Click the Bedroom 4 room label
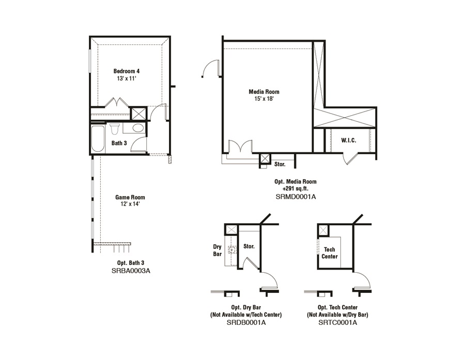click(127, 71)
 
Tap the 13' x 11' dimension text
click(127, 79)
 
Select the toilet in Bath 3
click(114, 129)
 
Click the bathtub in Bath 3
click(98, 139)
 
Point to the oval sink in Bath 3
click(138, 128)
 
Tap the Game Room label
click(130, 197)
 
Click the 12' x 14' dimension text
click(130, 204)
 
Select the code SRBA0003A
click(131, 271)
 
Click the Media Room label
click(264, 91)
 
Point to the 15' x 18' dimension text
click(264, 99)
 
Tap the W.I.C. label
click(348, 140)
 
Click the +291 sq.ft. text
click(296, 189)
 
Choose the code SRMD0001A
click(296, 196)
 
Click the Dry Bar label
click(218, 251)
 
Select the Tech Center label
click(330, 253)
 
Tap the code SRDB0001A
click(246, 322)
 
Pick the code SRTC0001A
click(337, 322)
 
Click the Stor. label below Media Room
click(280, 164)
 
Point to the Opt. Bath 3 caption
click(131, 263)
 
